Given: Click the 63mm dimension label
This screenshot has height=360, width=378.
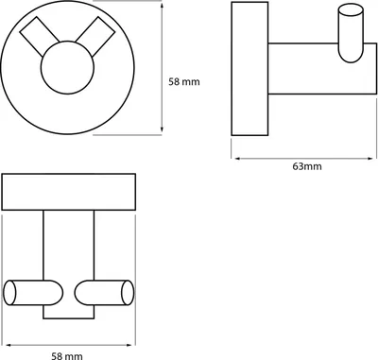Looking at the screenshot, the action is [307, 166].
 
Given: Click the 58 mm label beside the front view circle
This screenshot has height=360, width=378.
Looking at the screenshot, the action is [184, 82].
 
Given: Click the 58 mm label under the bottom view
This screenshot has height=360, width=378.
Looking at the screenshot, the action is [67, 356].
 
